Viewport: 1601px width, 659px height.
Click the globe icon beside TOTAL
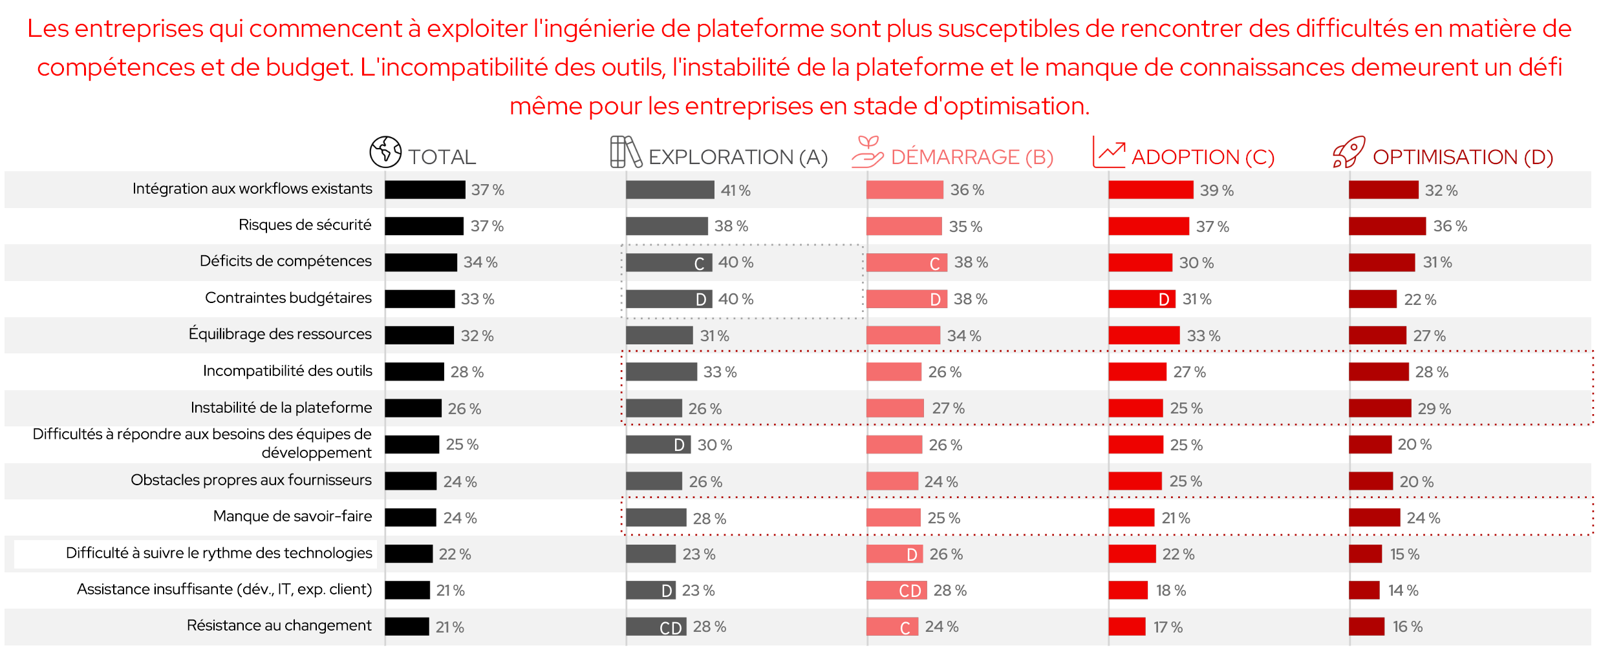385,152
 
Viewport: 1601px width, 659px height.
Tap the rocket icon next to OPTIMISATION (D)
1349,152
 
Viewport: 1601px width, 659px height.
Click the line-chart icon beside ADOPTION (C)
1109,152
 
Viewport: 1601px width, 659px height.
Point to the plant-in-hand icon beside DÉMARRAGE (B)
867,152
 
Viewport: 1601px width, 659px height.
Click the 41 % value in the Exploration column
735,191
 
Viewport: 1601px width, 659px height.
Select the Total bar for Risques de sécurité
424,226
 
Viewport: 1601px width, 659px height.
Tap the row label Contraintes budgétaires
288,298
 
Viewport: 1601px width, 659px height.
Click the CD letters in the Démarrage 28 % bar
910,591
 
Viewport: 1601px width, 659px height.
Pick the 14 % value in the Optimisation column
1402,591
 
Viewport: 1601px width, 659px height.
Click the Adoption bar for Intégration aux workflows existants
1150,190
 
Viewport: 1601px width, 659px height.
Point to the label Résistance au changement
279,625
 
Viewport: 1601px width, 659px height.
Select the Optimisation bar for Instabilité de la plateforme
1380,408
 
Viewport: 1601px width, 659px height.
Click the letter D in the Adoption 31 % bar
1164,300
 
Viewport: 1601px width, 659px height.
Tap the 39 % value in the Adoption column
1216,191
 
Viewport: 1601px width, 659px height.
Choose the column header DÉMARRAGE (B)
972,157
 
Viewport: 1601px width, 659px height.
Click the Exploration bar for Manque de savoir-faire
656,518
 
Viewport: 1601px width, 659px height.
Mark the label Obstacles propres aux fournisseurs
251,480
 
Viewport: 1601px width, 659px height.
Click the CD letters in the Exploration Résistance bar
671,628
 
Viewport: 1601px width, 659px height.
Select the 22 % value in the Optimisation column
1419,300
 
